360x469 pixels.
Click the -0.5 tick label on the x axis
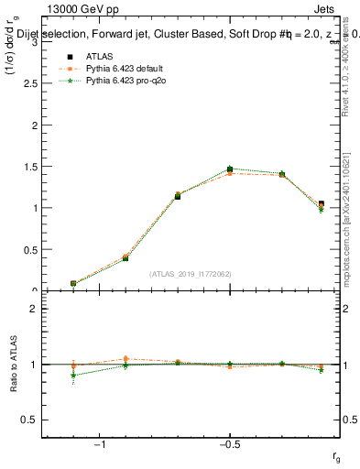pyautogui.click(x=229, y=444)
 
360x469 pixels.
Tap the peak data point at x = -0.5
pyautogui.click(x=230, y=169)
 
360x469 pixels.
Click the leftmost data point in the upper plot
pyautogui.click(x=73, y=284)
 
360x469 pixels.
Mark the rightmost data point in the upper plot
pyautogui.click(x=321, y=204)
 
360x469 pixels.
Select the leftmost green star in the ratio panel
pyautogui.click(x=73, y=375)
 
